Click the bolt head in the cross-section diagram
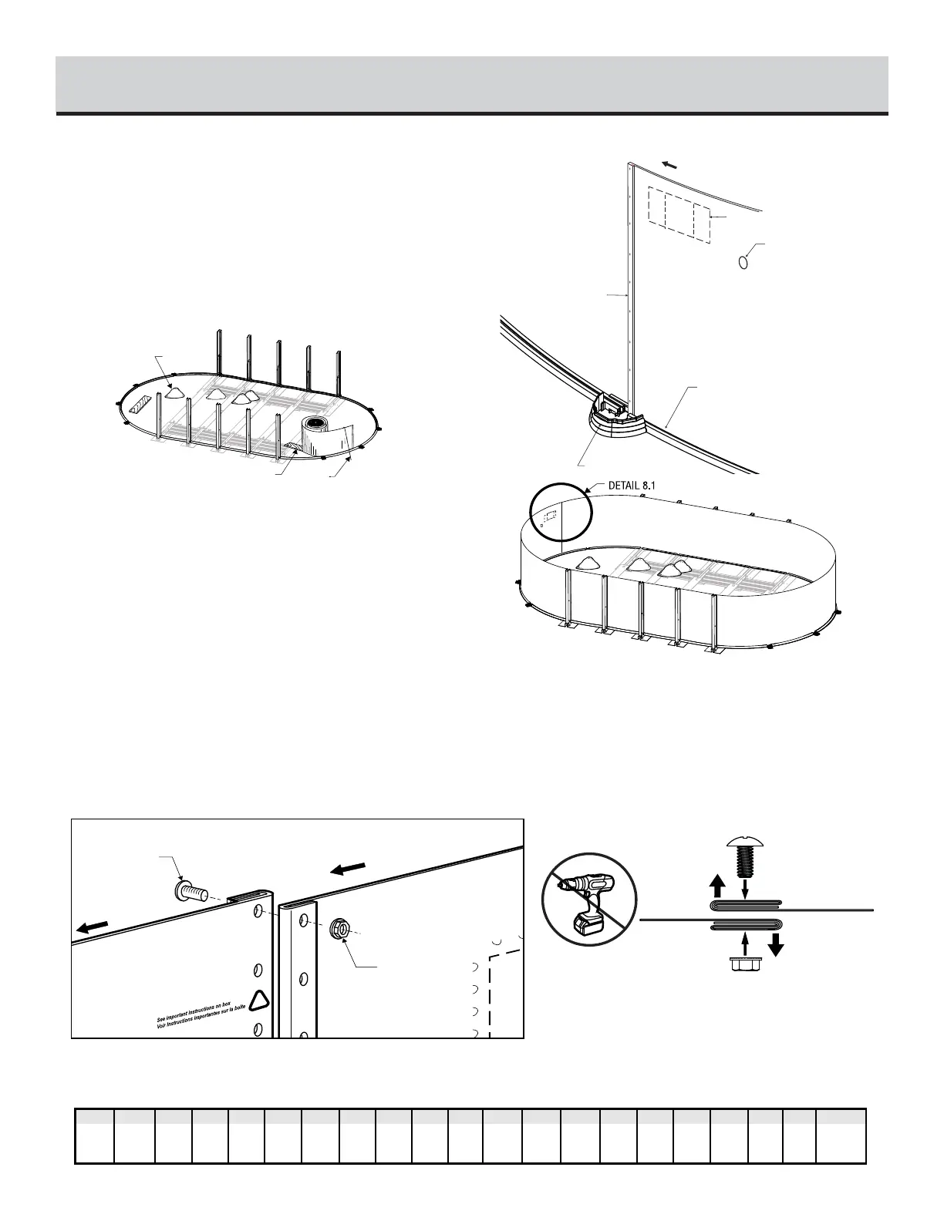(x=744, y=846)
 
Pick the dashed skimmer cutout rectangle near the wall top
(x=679, y=214)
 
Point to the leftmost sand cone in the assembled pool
(x=588, y=561)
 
